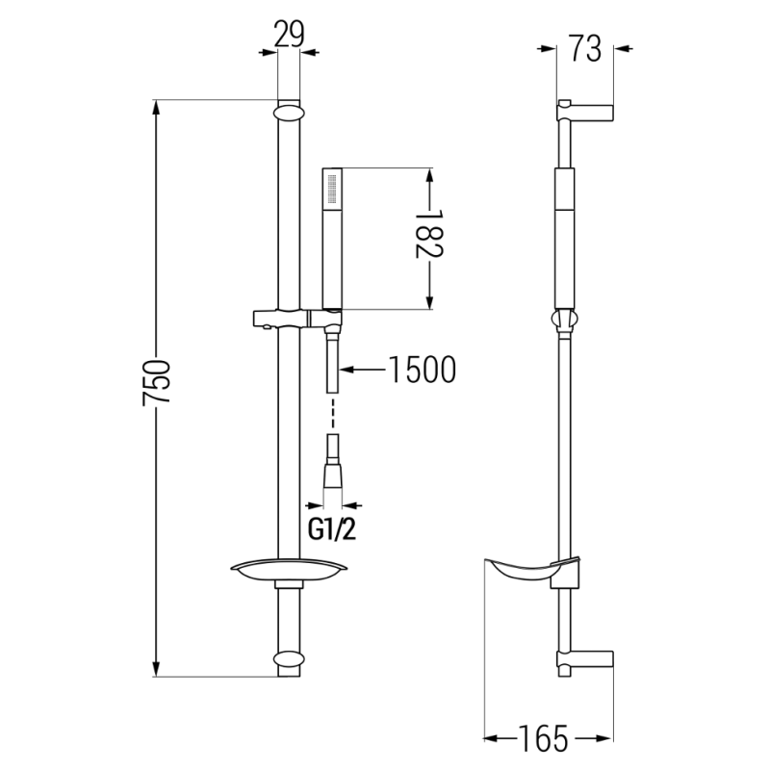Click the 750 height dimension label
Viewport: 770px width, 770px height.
157,387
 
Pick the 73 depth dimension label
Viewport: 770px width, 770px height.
586,47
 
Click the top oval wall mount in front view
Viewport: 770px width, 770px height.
289,112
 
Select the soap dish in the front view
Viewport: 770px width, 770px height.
289,572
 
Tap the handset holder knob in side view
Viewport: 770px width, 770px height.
565,320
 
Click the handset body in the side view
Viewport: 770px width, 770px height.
565,241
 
